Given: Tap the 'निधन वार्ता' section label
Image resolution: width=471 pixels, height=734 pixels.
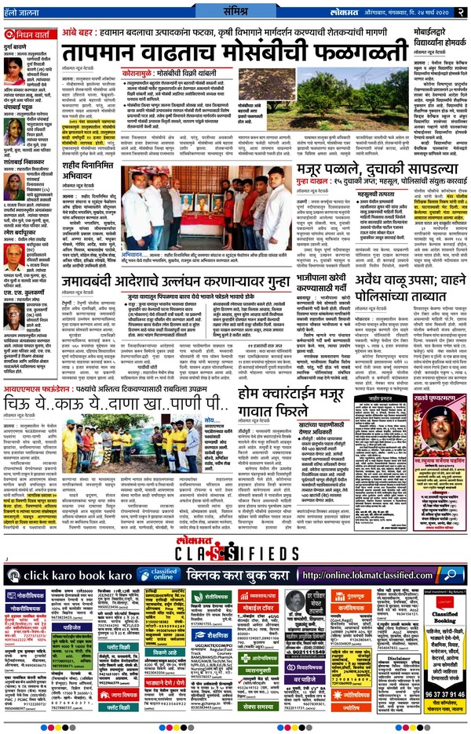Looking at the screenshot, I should click(33, 35).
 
